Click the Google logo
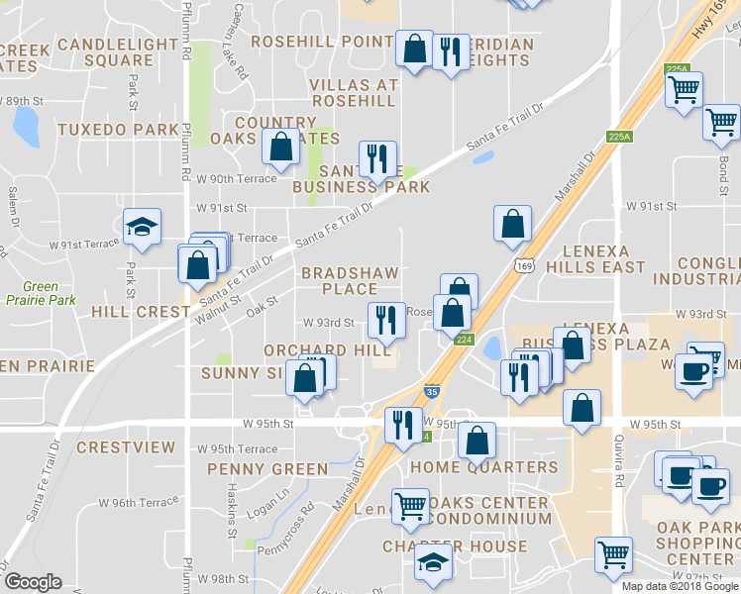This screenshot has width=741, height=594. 35,582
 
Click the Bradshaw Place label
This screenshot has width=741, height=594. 350,280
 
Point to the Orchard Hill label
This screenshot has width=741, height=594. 320,350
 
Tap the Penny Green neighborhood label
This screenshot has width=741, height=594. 266,468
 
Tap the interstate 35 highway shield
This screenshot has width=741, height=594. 432,392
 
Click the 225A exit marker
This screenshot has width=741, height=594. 619,138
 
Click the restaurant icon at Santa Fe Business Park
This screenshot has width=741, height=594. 377,158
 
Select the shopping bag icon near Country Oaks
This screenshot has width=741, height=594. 282,147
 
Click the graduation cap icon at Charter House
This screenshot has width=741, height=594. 433,562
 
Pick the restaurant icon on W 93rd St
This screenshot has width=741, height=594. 385,321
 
